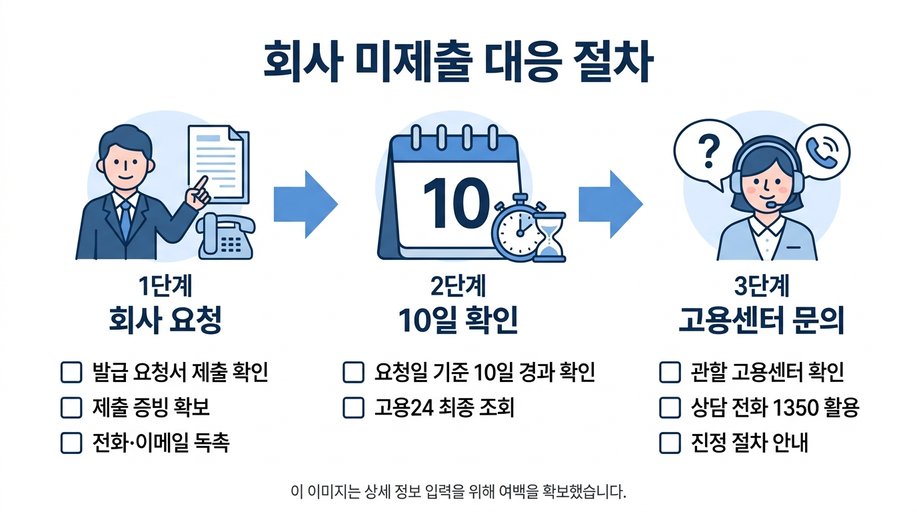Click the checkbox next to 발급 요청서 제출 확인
point(71,373)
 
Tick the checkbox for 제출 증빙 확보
point(71,408)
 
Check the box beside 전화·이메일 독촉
point(71,443)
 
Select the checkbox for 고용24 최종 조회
point(353,408)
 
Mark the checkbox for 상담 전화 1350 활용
point(670,408)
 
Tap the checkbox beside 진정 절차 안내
point(670,443)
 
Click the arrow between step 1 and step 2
point(305,204)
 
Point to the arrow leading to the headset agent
point(609,204)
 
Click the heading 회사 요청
point(165,321)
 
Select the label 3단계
point(762,286)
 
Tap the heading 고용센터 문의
point(762,321)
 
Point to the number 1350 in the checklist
point(790,408)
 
